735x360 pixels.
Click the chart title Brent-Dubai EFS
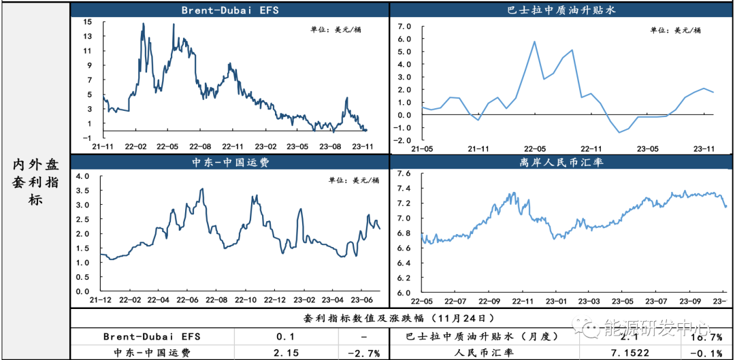coord(229,10)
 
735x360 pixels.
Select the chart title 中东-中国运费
coord(229,163)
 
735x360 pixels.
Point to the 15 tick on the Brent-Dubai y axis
coord(88,22)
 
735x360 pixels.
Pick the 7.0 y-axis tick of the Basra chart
coord(405,27)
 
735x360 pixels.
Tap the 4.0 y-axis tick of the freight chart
coord(82,176)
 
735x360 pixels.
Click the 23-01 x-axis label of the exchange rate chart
coord(556,300)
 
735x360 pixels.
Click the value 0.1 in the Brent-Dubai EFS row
coord(285,336)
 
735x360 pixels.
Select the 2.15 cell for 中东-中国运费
coord(285,352)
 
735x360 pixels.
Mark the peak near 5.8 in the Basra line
coord(534,42)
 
